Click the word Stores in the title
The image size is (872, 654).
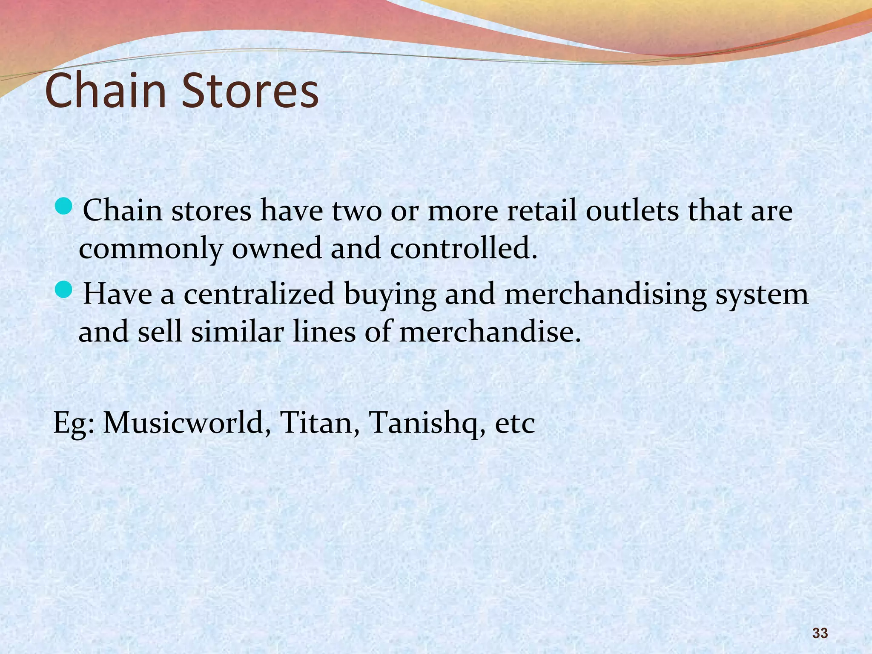[x=250, y=90]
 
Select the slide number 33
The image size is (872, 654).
[x=820, y=633]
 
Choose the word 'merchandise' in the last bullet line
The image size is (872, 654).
[x=490, y=332]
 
